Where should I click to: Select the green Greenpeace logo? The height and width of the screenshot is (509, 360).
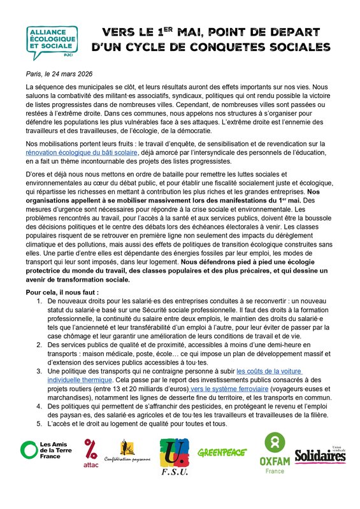tap(224, 453)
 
